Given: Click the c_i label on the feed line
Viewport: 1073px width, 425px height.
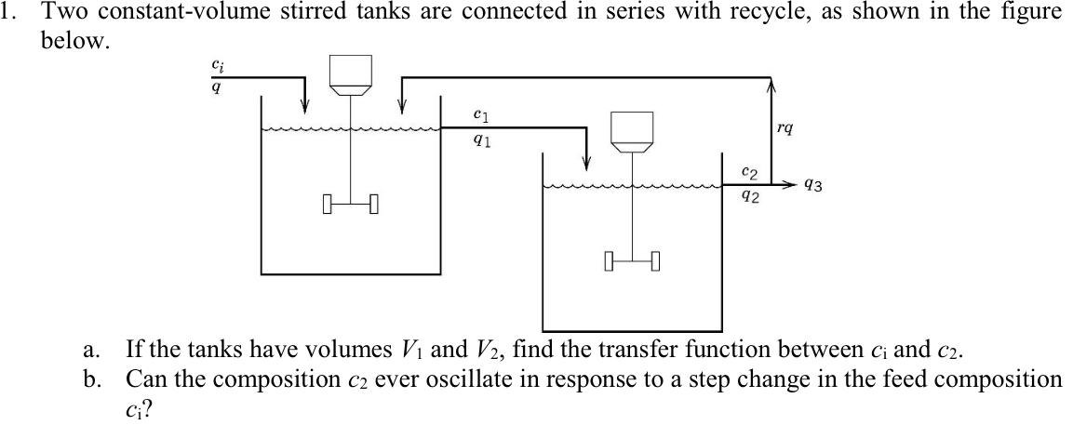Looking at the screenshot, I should [217, 66].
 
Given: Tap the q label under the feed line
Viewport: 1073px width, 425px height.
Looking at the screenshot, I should [217, 87].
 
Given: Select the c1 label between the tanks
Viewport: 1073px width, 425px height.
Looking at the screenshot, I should [480, 115].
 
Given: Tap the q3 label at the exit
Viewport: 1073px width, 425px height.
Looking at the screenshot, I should [812, 186].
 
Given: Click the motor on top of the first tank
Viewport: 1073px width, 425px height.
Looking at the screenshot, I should [352, 75].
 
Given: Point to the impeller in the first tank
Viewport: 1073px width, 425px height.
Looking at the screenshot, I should [350, 202].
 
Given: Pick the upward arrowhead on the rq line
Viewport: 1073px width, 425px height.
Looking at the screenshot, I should [771, 86].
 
